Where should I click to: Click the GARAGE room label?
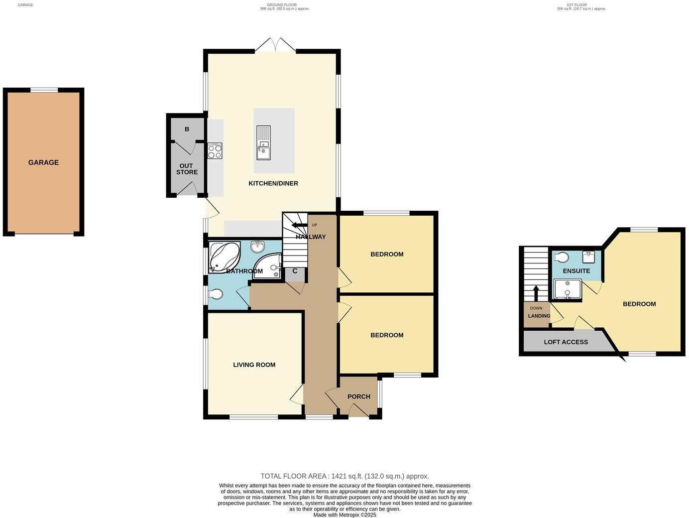(43, 162)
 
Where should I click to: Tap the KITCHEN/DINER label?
(273, 183)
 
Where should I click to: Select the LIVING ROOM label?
(254, 365)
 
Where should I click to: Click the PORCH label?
(358, 396)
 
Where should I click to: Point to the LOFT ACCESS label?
(566, 342)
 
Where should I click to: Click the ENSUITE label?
(576, 271)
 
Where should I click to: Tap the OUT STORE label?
(187, 169)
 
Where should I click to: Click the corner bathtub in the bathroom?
(224, 257)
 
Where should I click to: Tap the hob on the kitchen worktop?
(215, 151)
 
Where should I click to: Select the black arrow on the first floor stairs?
(536, 293)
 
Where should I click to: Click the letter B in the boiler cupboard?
(187, 129)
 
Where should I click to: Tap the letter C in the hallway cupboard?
(295, 271)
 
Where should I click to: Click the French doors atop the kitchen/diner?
(275, 45)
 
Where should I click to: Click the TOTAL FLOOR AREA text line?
(344, 476)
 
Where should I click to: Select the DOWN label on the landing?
(536, 308)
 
